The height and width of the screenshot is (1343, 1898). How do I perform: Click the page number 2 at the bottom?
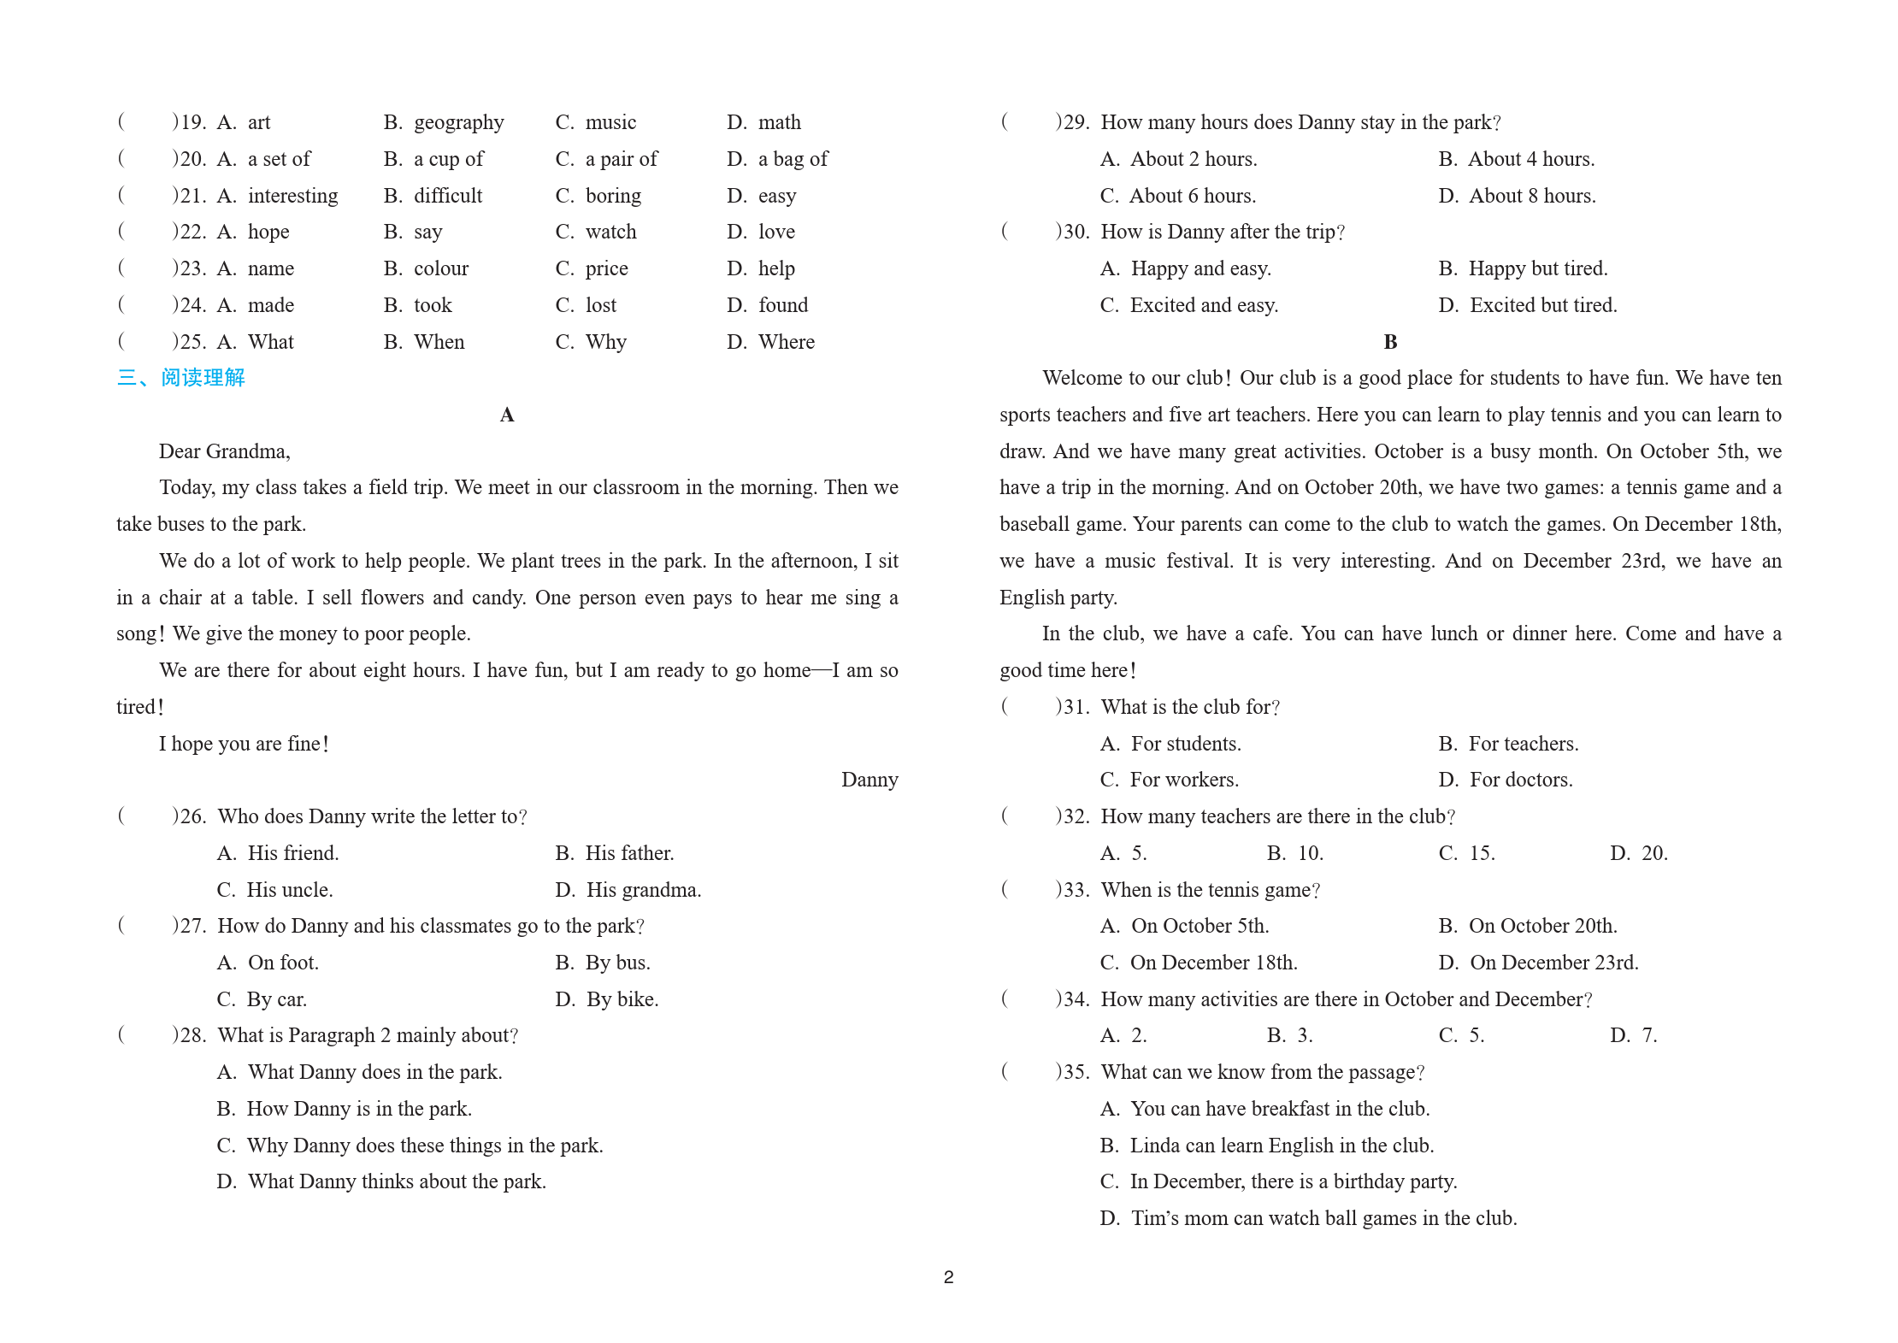coord(948,1277)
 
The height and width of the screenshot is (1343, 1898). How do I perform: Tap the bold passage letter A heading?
coord(507,415)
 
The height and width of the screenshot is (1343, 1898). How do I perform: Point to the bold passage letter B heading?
coord(1390,342)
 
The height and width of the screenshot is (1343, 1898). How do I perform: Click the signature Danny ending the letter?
coord(869,780)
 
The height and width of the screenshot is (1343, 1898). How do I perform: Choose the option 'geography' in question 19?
coord(458,123)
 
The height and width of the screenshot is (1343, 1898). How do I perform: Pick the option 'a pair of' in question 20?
coord(621,159)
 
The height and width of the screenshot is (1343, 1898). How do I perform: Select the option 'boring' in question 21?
coord(612,196)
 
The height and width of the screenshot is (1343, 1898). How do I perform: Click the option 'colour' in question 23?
coord(440,268)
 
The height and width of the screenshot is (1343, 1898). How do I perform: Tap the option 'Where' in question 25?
coord(786,342)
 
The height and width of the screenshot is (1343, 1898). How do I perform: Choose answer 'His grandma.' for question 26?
coord(643,890)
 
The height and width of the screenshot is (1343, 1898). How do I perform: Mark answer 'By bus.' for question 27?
coord(617,963)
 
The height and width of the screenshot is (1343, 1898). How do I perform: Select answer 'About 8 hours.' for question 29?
coord(1531,196)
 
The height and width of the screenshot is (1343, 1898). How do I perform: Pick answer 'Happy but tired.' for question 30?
coord(1537,268)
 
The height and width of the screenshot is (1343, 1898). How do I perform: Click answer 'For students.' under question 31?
coord(1185,744)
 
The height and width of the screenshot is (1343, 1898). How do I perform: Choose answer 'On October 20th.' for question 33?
coord(1542,926)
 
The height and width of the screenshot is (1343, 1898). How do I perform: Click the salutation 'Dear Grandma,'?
coord(224,451)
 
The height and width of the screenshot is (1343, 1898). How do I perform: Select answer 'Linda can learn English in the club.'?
coord(1281,1146)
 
